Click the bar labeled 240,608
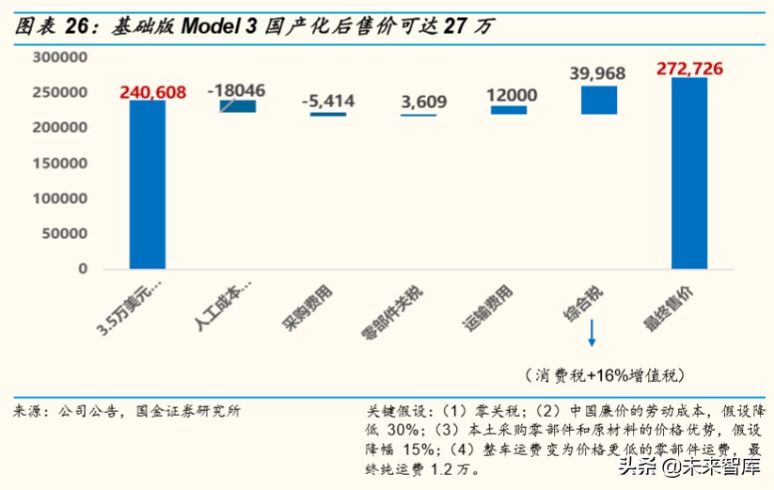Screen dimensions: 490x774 point(147,184)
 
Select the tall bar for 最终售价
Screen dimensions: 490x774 point(688,174)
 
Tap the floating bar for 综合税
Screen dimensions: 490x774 point(598,100)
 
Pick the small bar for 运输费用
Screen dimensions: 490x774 point(509,110)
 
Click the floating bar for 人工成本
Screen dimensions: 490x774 point(237,106)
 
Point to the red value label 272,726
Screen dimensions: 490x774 point(689,69)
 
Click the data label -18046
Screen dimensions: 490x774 point(236,90)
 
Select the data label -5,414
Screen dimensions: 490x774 point(327,101)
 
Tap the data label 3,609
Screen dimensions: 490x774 point(418,101)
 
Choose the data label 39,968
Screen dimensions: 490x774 point(598,73)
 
